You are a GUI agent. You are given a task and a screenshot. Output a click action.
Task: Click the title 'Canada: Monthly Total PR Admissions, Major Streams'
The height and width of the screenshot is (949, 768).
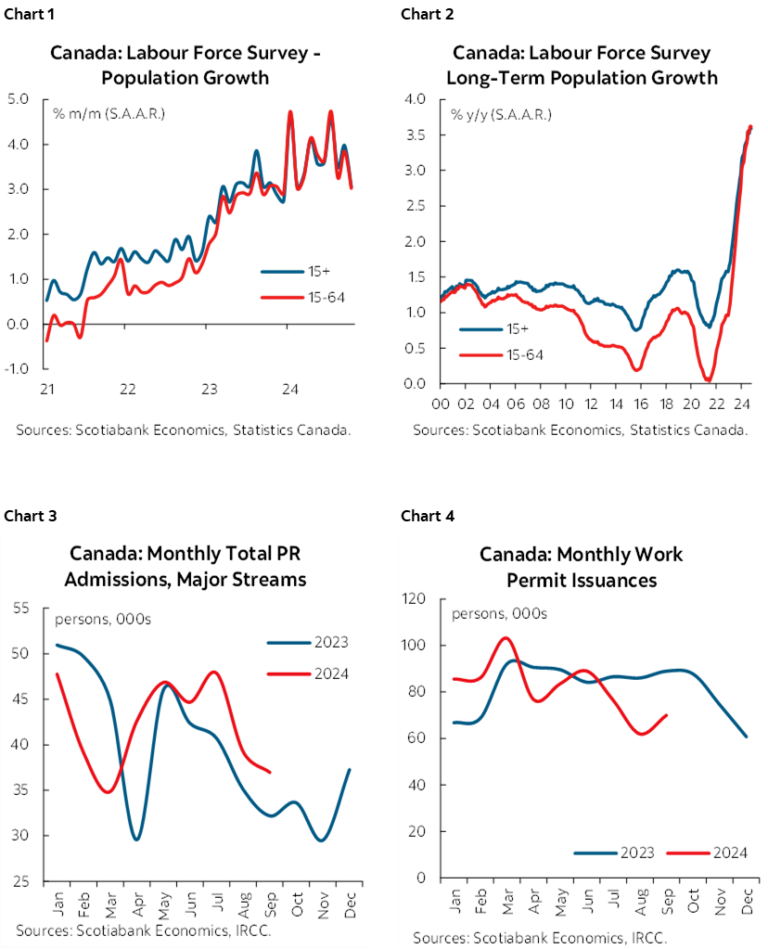coord(188,567)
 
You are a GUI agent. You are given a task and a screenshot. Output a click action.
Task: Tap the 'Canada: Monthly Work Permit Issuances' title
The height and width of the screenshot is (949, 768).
coord(581,567)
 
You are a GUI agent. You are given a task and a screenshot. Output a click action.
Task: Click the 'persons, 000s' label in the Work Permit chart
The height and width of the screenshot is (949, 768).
coord(499,614)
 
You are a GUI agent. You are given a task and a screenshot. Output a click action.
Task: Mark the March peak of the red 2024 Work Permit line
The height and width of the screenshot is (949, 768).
coord(505,638)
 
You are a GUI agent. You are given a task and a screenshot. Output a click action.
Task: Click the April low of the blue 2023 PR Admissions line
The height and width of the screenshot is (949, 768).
coord(137,840)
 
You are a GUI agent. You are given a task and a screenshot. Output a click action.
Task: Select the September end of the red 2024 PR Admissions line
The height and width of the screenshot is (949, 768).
coord(269,772)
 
